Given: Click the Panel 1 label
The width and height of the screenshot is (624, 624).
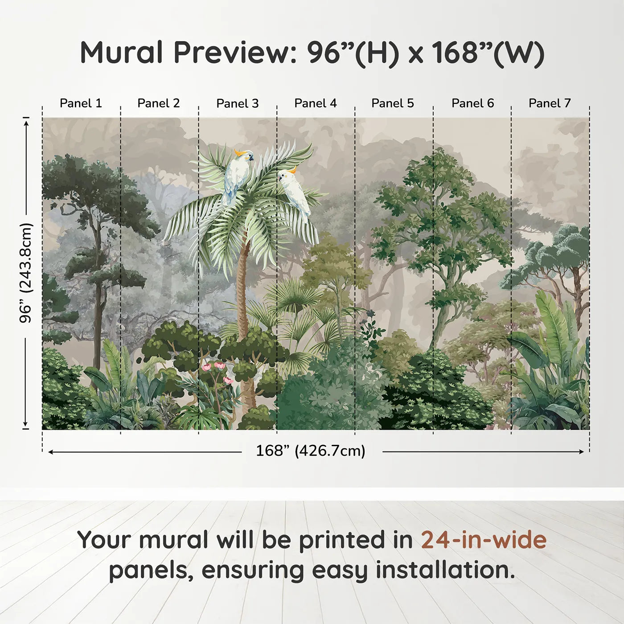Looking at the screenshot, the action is tap(81, 103).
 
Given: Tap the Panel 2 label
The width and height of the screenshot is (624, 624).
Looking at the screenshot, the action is tap(158, 103).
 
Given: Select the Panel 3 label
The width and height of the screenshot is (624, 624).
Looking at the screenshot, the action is tap(238, 103).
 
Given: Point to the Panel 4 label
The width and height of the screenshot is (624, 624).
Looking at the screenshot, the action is tap(316, 103).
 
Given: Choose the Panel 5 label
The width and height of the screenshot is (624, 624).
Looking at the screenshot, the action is tap(393, 103).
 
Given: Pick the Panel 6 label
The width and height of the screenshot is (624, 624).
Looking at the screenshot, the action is tap(473, 103).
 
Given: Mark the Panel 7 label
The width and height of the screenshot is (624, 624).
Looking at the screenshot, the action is tap(550, 103).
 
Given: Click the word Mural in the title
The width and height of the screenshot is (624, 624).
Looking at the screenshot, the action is tap(121, 53).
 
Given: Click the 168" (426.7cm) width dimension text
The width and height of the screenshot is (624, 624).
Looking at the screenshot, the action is tap(311, 451).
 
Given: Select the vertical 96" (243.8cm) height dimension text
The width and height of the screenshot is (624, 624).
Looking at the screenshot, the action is tap(26, 273).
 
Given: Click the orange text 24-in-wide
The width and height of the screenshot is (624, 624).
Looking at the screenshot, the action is tap(484, 540).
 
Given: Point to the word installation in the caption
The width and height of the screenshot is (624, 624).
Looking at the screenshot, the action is tap(445, 570).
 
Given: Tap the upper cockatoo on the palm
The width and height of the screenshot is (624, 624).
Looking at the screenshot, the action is tap(238, 177).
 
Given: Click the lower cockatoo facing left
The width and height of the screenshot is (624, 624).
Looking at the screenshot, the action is tap(294, 193).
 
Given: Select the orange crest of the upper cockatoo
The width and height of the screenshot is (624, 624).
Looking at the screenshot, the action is tap(240, 152).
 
